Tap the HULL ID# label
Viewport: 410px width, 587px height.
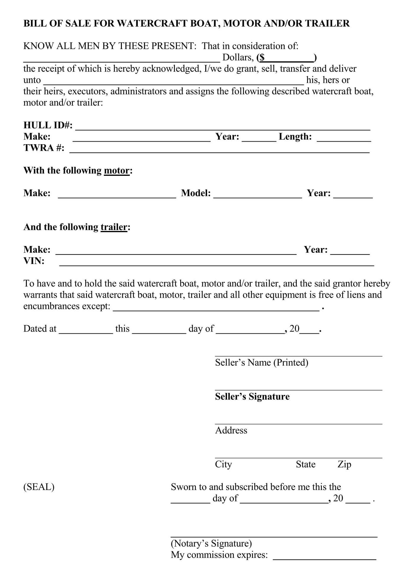48,125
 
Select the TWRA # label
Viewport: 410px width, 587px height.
44,147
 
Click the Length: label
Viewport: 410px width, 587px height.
295,136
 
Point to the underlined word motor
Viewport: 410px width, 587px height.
117,170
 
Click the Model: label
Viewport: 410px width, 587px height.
196,193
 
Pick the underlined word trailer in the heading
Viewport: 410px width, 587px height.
114,227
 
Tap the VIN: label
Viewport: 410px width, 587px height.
34,261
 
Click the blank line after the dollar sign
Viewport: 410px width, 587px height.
289,58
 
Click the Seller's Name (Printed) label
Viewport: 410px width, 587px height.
261,362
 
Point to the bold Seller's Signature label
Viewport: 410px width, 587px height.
252,396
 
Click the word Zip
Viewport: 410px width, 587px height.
344,464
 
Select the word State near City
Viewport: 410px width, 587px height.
306,464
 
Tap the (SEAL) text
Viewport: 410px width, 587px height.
39,487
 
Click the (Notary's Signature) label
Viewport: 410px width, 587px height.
211,543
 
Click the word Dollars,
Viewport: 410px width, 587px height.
238,57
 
